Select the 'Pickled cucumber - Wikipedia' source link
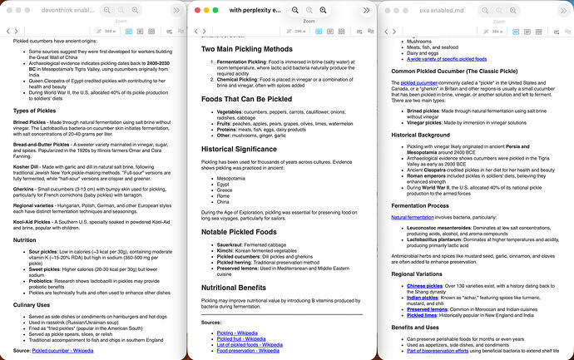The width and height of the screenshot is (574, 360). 62,351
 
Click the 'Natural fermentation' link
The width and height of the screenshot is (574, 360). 412,217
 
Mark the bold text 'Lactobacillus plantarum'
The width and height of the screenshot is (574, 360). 438,239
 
